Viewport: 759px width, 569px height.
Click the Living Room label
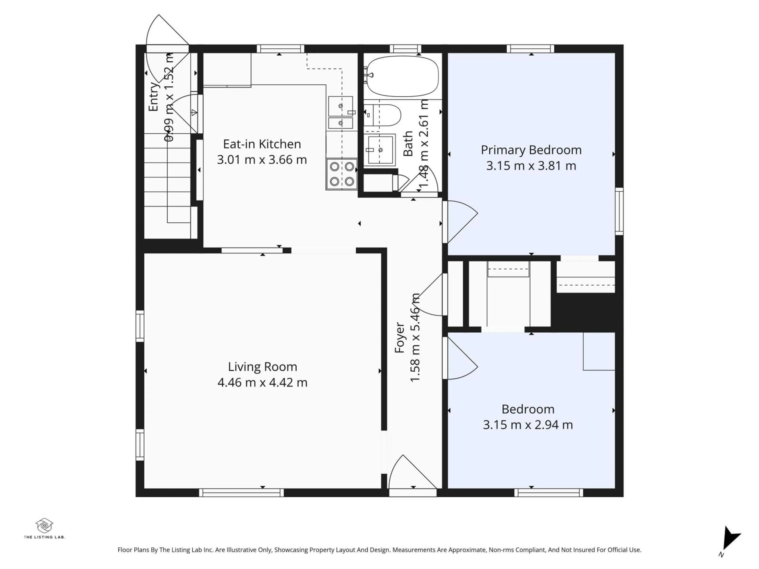point(262,367)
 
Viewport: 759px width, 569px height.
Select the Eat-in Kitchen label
point(262,144)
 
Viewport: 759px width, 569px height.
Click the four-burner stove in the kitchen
point(342,174)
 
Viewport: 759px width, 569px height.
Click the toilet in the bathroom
point(384,115)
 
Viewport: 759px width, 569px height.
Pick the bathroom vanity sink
point(380,150)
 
